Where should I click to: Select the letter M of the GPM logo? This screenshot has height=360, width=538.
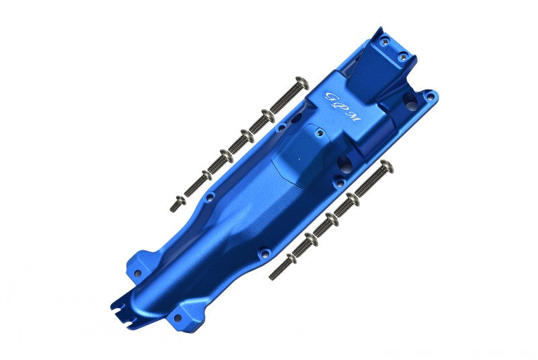coord(354,118)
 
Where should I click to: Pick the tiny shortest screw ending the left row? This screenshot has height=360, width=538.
coord(178,203)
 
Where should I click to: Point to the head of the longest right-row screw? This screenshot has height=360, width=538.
coord(387,167)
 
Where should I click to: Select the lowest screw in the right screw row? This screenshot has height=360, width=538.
coord(282,266)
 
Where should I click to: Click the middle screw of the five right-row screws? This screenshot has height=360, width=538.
coord(325,225)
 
